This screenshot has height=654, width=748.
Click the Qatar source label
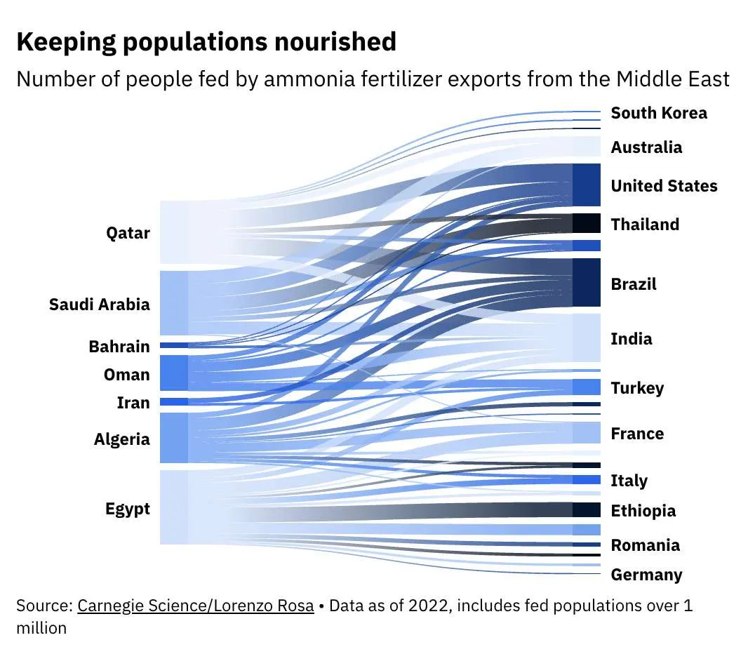(x=128, y=233)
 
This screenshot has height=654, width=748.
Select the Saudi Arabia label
(x=99, y=305)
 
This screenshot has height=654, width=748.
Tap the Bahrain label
(x=119, y=347)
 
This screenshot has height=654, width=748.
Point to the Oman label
(x=126, y=375)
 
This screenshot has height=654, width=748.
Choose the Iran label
(x=133, y=403)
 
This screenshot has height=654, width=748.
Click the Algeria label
(x=121, y=439)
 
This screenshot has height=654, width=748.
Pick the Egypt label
(x=127, y=509)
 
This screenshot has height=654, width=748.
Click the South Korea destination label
(x=659, y=113)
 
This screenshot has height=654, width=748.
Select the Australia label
(x=646, y=147)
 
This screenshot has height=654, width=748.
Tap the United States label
(x=664, y=186)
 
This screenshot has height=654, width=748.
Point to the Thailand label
(x=645, y=225)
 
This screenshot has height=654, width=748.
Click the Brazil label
(x=634, y=284)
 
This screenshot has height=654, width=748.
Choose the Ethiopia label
(x=643, y=511)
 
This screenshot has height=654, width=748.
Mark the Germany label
(x=646, y=575)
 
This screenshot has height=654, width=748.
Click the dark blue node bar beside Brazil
(x=587, y=282)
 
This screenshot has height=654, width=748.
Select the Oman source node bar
(x=174, y=373)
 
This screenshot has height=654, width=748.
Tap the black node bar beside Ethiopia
(x=587, y=510)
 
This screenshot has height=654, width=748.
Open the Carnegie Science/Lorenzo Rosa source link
(x=196, y=606)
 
